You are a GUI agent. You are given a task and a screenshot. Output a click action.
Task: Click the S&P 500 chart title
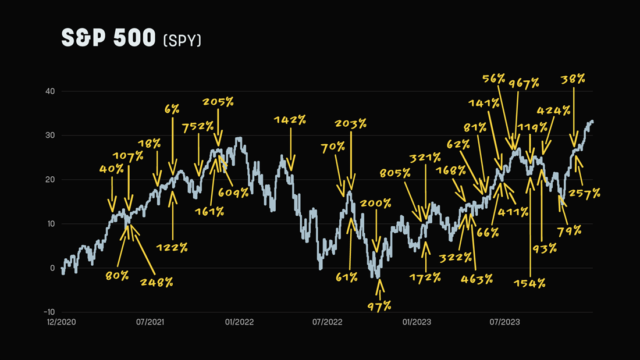point(108,38)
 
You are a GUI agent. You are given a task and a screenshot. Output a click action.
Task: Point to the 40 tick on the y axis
point(50,91)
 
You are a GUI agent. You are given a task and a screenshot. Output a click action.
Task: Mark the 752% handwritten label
point(197,127)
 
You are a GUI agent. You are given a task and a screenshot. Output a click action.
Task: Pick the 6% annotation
point(172,109)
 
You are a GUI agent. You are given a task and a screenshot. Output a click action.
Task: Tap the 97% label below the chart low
point(379,305)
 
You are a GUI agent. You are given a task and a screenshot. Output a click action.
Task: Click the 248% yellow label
point(157,282)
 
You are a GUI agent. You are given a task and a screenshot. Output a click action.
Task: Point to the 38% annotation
point(573,79)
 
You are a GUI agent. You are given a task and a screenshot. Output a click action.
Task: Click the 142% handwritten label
point(290,120)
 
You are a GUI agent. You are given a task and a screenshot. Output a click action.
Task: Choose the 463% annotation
point(477,279)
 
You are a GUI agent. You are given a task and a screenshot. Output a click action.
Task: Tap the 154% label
point(529,283)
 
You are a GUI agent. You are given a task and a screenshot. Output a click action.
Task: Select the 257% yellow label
point(584,193)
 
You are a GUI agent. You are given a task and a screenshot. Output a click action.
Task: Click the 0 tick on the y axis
point(52,268)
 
